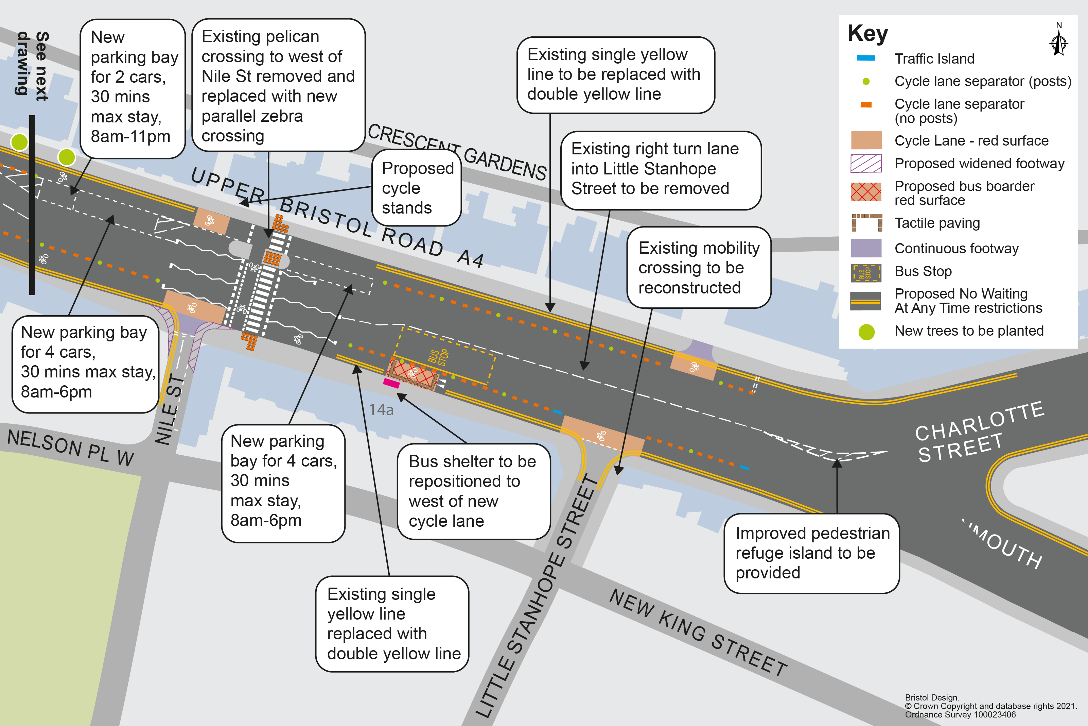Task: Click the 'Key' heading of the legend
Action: coord(867,33)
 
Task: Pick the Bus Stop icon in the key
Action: coord(866,273)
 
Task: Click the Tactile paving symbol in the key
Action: coord(866,223)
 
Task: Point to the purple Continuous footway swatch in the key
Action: coord(866,248)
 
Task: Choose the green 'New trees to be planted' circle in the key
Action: coord(866,332)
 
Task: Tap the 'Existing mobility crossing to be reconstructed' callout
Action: coord(699,268)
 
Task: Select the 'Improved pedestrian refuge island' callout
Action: coord(812,553)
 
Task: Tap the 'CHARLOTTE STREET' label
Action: coord(981,432)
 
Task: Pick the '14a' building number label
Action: coord(381,410)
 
